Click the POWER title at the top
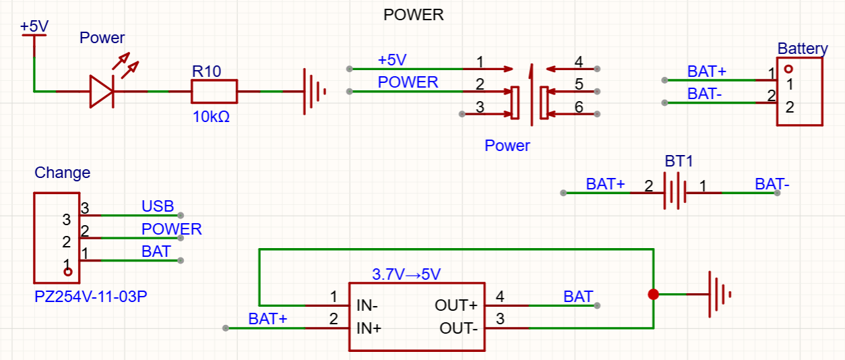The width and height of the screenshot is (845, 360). coord(414,15)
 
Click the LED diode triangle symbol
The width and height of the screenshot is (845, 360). coord(102,91)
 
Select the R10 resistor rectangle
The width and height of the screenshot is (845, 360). coord(214,91)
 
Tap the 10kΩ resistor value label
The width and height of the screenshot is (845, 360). coord(211,117)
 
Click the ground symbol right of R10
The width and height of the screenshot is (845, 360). coord(314,91)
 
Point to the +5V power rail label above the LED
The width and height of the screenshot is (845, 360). coord(34,26)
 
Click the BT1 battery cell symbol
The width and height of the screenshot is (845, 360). coord(675,191)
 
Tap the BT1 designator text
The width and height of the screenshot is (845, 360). coord(679,161)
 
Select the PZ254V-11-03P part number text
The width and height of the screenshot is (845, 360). coord(90,297)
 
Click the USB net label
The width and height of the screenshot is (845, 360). coord(157,206)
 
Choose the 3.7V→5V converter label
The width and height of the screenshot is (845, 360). coord(406,274)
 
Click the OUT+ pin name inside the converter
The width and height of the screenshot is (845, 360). coord(456,305)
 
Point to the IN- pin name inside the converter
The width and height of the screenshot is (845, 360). coord(367,305)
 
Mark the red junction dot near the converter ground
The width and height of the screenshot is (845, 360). coord(654,295)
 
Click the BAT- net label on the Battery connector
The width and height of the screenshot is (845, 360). coord(704,94)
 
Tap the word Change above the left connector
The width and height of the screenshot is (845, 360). coord(62,173)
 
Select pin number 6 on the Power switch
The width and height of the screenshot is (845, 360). coord(579,107)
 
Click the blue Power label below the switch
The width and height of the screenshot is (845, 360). coord(507,146)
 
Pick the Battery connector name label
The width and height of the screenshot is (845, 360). coord(803,49)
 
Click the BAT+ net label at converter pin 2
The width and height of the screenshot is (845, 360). coord(268,320)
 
